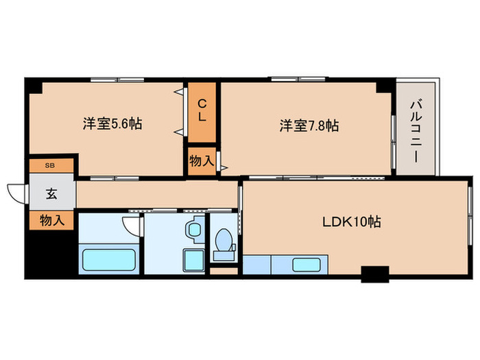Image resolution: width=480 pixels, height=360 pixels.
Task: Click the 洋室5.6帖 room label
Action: (x=112, y=125)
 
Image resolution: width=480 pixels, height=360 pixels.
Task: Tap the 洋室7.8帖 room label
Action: (x=309, y=125)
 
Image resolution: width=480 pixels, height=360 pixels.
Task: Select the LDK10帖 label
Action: (x=352, y=221)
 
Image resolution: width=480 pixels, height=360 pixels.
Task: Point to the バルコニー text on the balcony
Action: (x=416, y=130)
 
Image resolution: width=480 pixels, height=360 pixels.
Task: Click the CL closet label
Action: (x=202, y=110)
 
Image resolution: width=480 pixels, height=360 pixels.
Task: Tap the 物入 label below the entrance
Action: (x=51, y=220)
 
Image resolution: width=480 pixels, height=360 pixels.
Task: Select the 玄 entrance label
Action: (x=51, y=193)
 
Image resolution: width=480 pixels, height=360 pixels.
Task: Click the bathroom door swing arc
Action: (x=131, y=225)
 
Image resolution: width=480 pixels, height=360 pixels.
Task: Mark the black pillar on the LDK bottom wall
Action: (x=374, y=274)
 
